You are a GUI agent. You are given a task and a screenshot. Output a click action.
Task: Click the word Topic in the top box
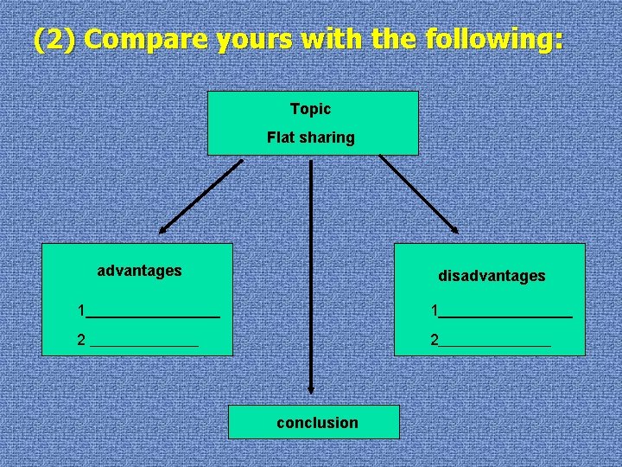[x=310, y=109]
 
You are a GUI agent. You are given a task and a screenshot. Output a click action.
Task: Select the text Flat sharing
[x=310, y=138]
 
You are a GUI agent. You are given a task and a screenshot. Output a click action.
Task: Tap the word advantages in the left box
[x=139, y=271]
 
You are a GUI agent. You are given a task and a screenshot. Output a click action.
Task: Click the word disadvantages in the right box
[x=492, y=276]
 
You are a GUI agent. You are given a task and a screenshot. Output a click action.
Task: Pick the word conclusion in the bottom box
[x=317, y=423]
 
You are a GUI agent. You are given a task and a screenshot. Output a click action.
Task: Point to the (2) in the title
[x=54, y=40]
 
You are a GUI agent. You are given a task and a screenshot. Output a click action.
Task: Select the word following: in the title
[x=495, y=40]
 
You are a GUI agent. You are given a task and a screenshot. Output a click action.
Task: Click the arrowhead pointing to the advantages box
[x=164, y=228]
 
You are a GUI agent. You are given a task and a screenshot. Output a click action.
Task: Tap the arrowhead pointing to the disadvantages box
[x=454, y=227]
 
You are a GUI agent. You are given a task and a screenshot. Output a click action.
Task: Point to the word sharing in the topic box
[x=327, y=138]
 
